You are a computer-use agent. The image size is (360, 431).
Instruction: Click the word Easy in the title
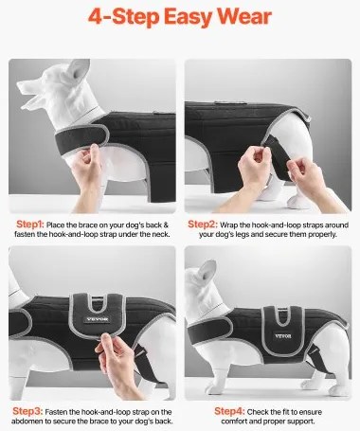point(188,17)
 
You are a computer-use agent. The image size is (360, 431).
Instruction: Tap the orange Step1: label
point(30,224)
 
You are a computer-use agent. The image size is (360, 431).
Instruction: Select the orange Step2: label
point(203,224)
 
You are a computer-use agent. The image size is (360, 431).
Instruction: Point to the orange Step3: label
point(27,411)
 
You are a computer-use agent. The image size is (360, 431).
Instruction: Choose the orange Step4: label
point(229,411)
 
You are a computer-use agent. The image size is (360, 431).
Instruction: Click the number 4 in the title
point(96,17)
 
